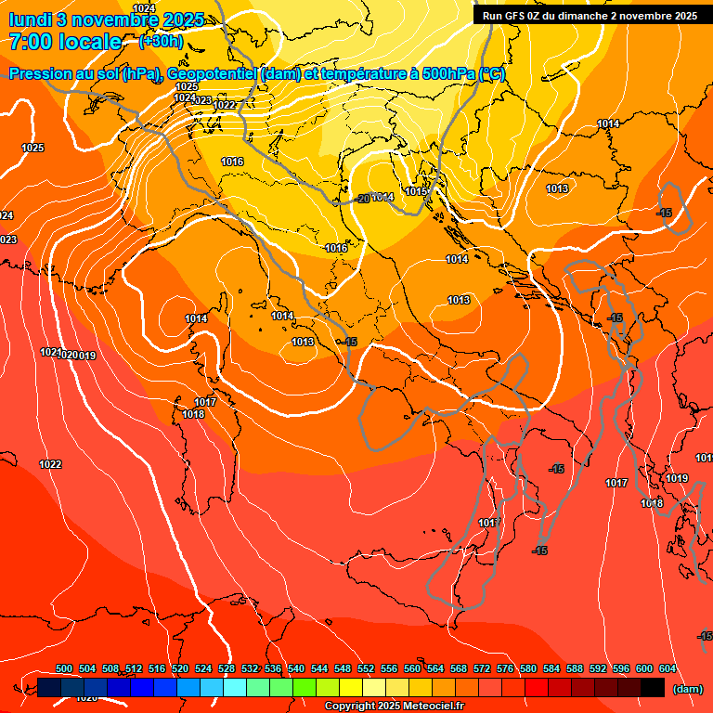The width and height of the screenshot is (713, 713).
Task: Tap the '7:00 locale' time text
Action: (x=65, y=42)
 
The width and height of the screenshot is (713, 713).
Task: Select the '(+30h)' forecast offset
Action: (x=161, y=42)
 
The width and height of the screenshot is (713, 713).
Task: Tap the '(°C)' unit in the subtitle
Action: (x=492, y=74)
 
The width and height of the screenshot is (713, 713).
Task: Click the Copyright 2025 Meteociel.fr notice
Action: (x=395, y=707)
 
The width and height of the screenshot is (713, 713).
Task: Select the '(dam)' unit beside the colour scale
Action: (x=687, y=688)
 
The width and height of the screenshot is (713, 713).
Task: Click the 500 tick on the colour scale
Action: (x=64, y=669)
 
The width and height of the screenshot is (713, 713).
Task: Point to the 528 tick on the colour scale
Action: (x=227, y=669)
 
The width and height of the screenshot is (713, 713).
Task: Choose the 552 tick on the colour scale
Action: (x=366, y=669)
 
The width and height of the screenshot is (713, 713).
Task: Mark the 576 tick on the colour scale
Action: (x=505, y=669)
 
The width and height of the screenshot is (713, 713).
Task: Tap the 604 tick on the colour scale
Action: (x=668, y=669)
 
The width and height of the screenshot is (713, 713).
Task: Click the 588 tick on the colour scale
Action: (x=575, y=669)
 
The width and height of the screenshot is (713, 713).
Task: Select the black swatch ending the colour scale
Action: (x=653, y=688)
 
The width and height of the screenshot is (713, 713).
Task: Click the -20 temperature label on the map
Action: (x=362, y=198)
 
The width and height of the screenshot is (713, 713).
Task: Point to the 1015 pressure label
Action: (x=415, y=192)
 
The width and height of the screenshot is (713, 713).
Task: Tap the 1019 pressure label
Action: (x=677, y=479)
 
